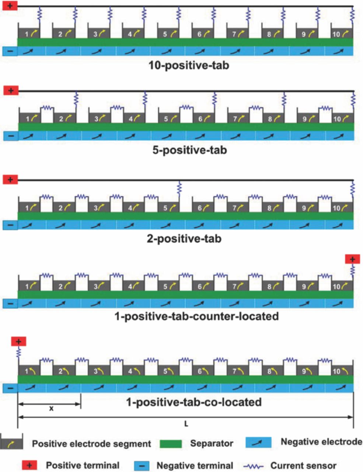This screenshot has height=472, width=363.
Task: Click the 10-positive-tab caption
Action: (x=189, y=66)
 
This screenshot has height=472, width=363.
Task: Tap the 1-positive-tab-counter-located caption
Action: (x=196, y=316)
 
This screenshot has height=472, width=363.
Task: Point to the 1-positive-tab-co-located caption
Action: (x=194, y=402)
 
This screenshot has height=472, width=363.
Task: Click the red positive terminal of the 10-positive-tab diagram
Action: (x=10, y=6)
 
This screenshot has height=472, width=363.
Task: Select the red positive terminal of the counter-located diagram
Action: (x=352, y=259)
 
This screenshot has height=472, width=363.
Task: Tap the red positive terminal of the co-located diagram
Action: (x=18, y=341)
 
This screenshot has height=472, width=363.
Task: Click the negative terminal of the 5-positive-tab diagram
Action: (x=11, y=136)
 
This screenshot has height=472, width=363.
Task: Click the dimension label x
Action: (x=51, y=409)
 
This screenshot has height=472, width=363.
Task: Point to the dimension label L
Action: (x=186, y=424)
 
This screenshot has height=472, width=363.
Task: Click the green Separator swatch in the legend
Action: (x=171, y=444)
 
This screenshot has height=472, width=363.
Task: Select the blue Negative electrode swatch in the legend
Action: (x=258, y=442)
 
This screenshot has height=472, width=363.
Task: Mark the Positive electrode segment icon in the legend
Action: (x=12, y=443)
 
